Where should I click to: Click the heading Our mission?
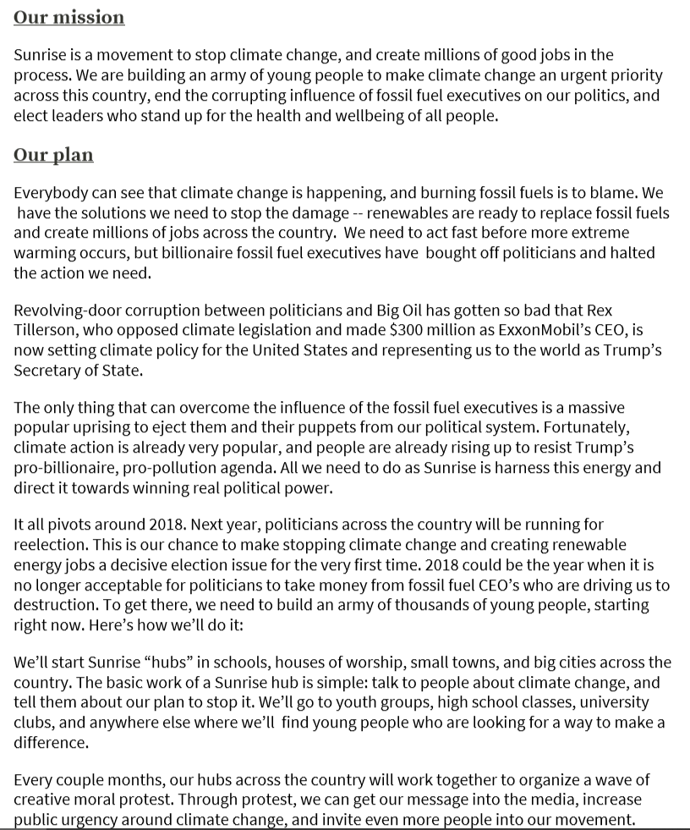(x=68, y=17)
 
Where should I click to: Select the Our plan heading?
(x=53, y=155)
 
